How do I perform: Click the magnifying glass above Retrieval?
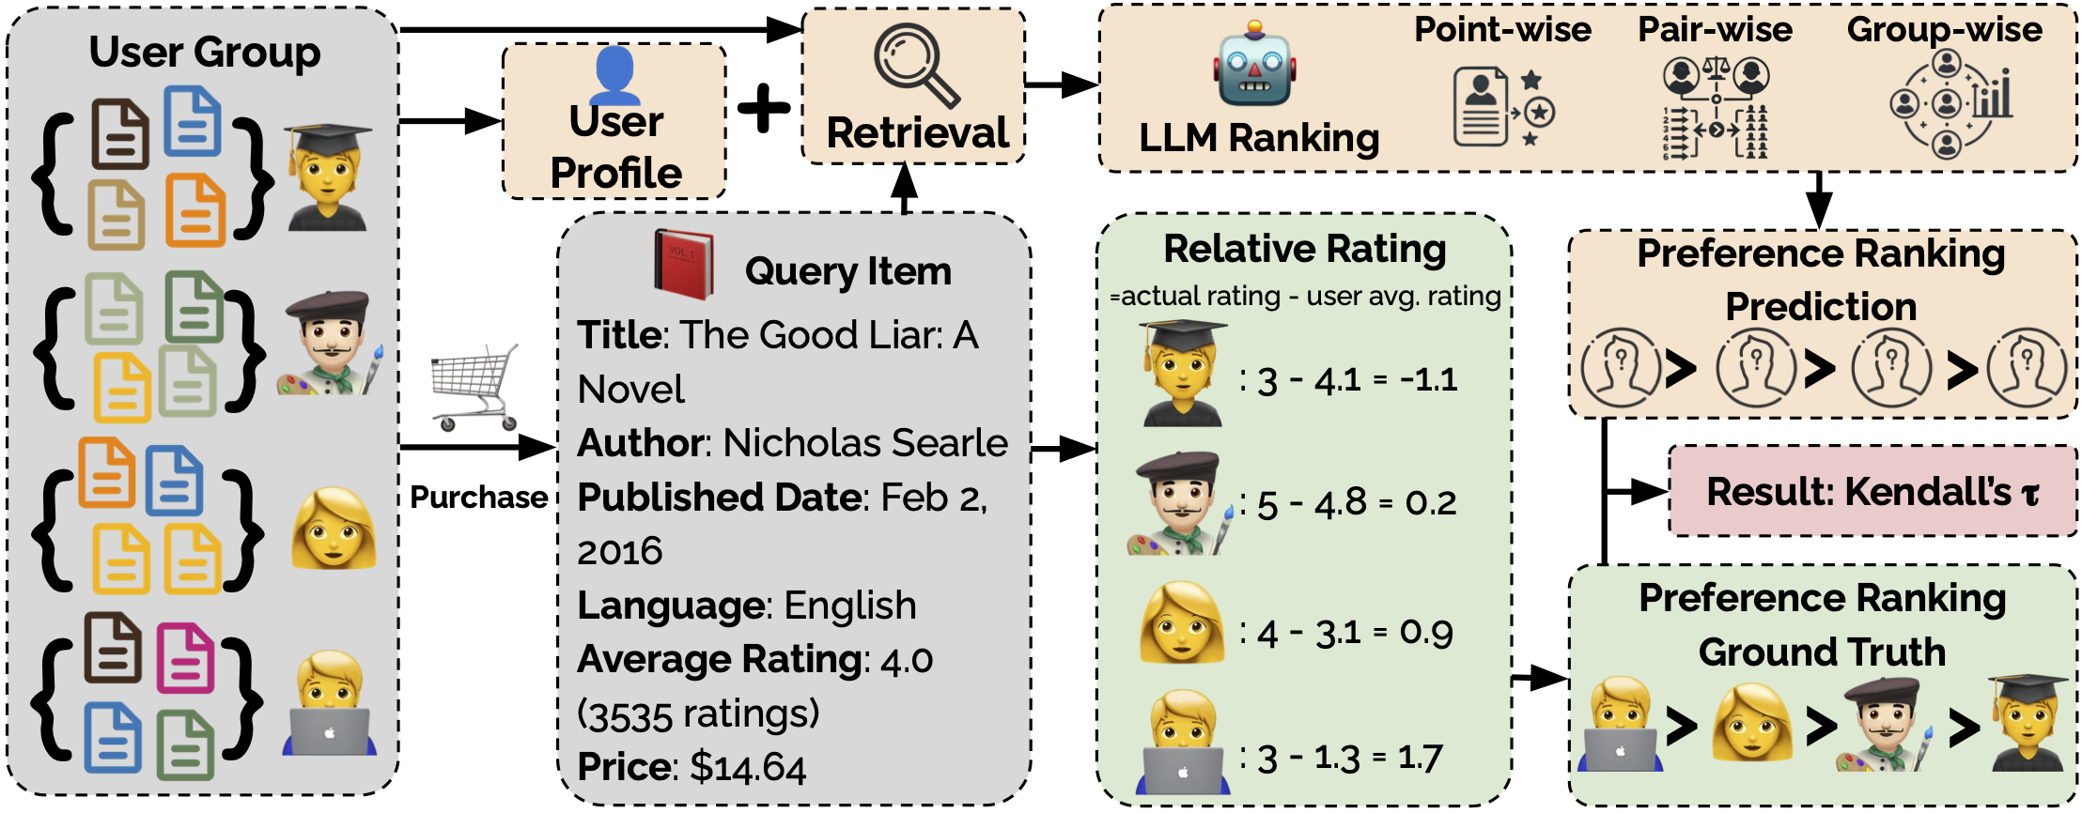pos(914,64)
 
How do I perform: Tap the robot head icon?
pos(1254,69)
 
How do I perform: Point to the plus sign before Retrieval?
pos(764,109)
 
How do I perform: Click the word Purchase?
pos(479,497)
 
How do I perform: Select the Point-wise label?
pos(1502,30)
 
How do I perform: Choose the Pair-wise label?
pos(1715,30)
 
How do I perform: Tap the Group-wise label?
pos(1944,30)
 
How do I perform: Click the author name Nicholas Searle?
pos(865,443)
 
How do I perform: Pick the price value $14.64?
pos(748,767)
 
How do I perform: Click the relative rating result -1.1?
pos(1428,379)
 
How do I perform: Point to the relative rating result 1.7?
pos(1420,757)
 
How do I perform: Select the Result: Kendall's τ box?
pos(1872,492)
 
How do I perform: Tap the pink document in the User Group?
pos(185,658)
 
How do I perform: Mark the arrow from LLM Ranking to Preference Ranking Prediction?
pos(1819,199)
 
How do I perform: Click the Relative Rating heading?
pos(1304,250)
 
